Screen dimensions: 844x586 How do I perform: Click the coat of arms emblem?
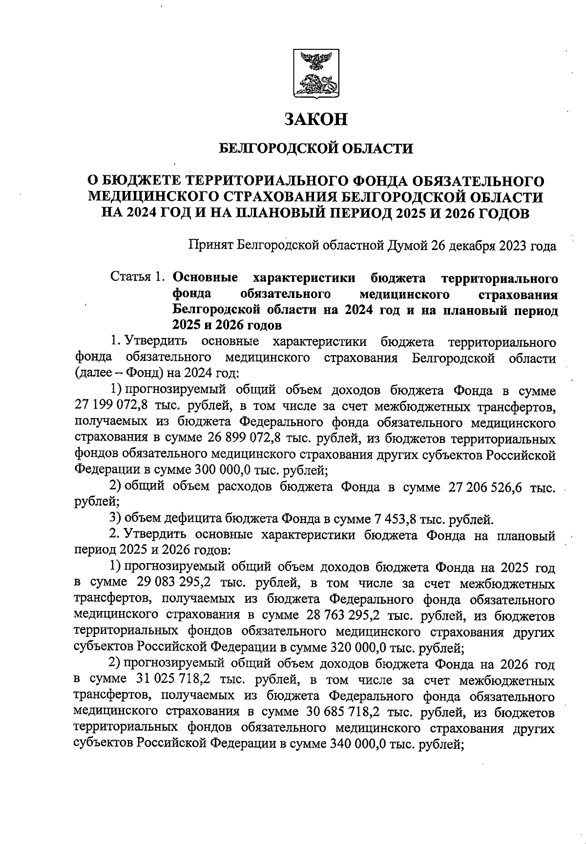click(315, 72)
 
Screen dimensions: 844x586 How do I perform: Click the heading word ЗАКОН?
click(316, 119)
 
